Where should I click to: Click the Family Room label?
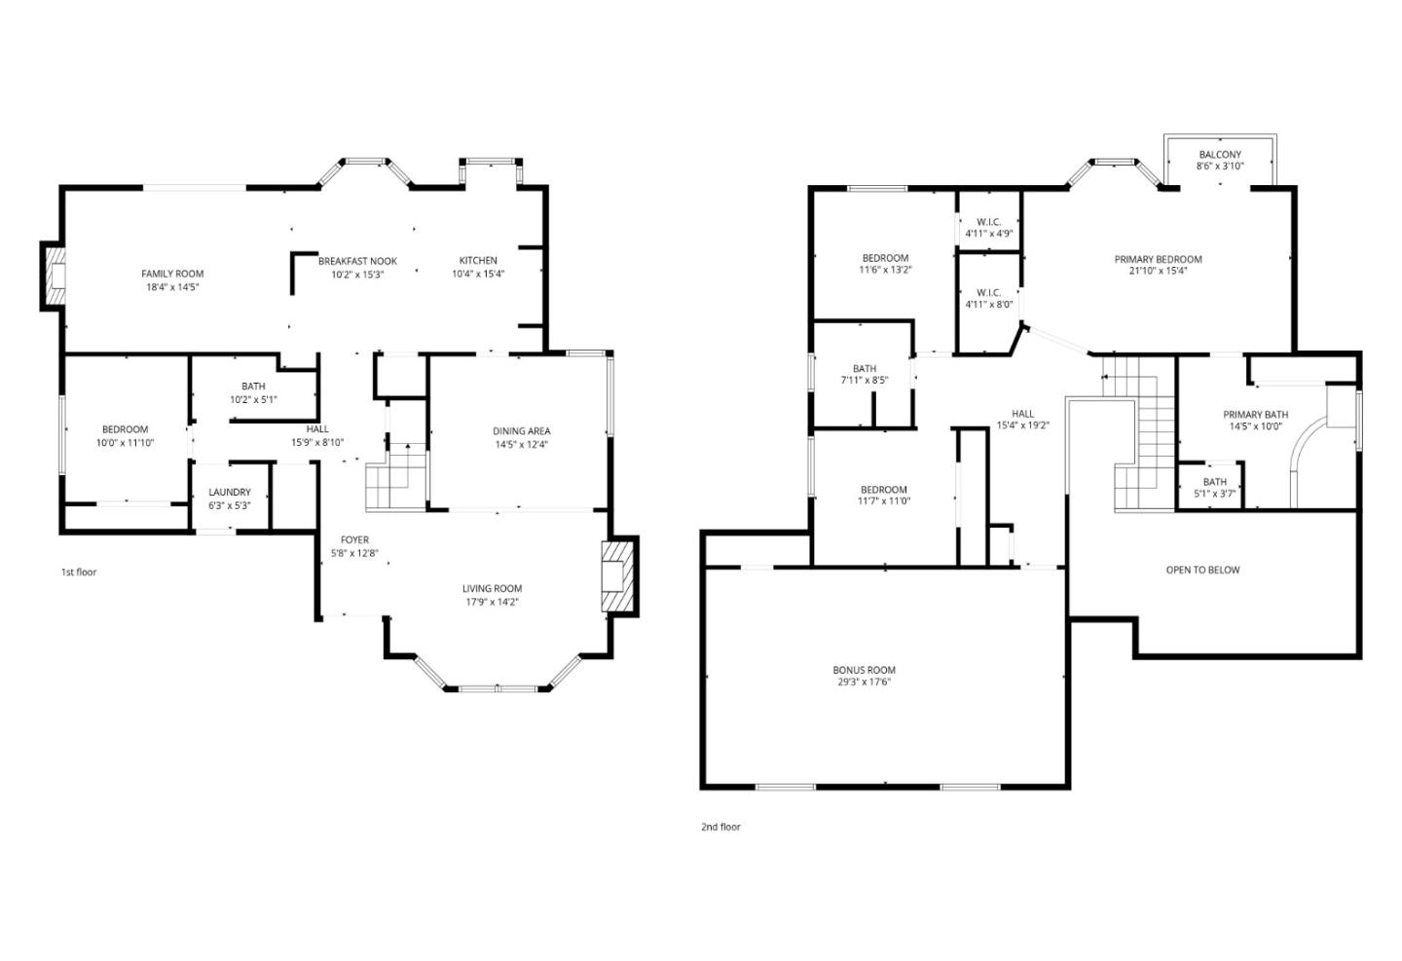[x=172, y=275]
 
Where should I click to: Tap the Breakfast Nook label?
[x=357, y=261]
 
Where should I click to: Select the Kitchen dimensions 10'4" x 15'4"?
[x=478, y=274]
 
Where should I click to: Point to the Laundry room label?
[x=230, y=493]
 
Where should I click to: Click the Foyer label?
[x=354, y=540]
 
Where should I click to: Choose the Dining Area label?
[x=522, y=431]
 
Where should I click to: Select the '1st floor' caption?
[x=79, y=573]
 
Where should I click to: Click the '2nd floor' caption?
[x=720, y=828]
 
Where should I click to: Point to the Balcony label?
[x=1220, y=155]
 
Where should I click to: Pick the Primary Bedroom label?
[x=1158, y=260]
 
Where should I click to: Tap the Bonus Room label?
[x=864, y=670]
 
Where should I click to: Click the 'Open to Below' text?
[x=1202, y=571]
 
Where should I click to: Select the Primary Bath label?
[x=1255, y=415]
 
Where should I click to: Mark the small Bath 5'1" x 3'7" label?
[x=1214, y=482]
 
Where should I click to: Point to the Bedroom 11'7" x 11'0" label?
[x=883, y=490]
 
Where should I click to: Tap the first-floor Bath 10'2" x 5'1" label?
[x=253, y=387]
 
